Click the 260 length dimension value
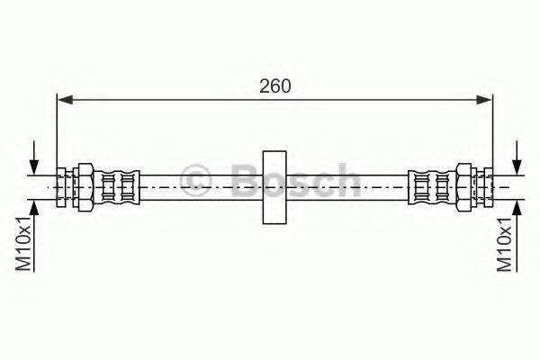275,86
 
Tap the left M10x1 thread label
24,244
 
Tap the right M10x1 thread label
504,244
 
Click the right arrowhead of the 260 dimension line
484,100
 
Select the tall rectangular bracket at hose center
274,187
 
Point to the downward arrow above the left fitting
33,157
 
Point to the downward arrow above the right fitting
517,157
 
